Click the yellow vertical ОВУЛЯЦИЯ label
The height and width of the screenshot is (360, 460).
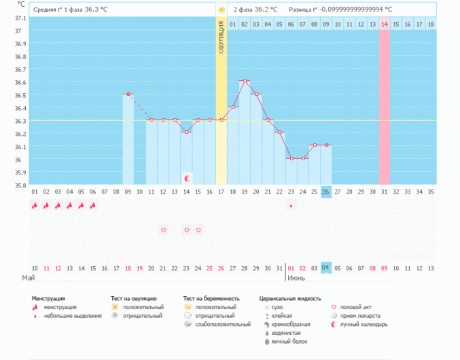pyautogui.click(x=222, y=41)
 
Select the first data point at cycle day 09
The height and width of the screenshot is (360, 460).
pyautogui.click(x=128, y=94)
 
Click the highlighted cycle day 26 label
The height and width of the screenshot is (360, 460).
pyautogui.click(x=326, y=192)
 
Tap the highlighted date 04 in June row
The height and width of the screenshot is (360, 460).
pyautogui.click(x=326, y=268)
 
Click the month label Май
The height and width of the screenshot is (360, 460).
pyautogui.click(x=28, y=278)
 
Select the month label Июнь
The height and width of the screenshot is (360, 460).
pyautogui.click(x=298, y=278)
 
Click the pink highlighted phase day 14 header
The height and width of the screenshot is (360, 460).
pyautogui.click(x=384, y=24)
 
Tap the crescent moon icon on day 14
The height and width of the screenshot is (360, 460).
pyautogui.click(x=187, y=178)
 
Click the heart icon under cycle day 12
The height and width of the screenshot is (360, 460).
pyautogui.click(x=163, y=230)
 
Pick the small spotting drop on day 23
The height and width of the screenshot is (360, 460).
pyautogui.click(x=291, y=205)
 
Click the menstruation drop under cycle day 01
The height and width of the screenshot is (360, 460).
pyautogui.click(x=35, y=205)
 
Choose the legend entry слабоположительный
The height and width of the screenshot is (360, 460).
pyautogui.click(x=222, y=325)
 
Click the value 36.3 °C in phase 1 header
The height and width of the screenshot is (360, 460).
pyautogui.click(x=96, y=10)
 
